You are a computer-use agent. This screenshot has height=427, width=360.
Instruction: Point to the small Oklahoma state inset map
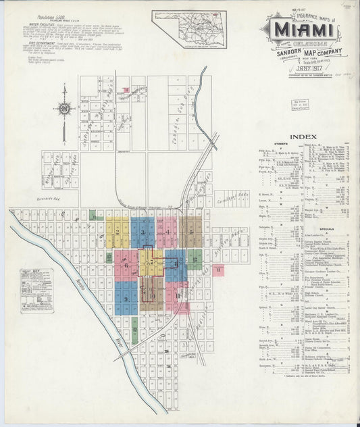(x=189, y=29)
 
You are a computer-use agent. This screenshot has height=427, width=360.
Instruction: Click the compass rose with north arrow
(x=64, y=108)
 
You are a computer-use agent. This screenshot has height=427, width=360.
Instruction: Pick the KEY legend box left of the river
(x=36, y=291)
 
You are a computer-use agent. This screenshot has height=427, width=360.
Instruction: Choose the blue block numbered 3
(x=143, y=232)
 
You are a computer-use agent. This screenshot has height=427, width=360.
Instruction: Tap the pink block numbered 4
(x=167, y=232)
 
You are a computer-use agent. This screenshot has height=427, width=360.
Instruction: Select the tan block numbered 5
(x=191, y=232)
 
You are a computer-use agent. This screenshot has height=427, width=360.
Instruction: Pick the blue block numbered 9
(x=126, y=297)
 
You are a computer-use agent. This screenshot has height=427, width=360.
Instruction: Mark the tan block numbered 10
(x=152, y=296)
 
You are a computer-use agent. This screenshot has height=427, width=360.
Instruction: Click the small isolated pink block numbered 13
(x=218, y=270)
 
